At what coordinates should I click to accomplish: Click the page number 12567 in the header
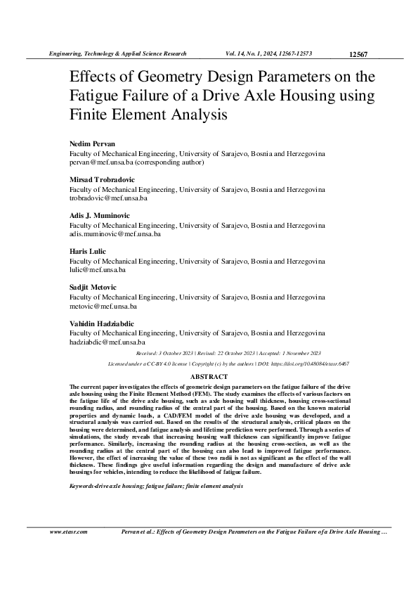click(358, 53)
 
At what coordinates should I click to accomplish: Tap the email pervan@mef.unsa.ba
click(98, 162)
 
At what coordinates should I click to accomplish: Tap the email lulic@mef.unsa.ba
click(97, 269)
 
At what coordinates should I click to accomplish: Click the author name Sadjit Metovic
click(93, 288)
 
